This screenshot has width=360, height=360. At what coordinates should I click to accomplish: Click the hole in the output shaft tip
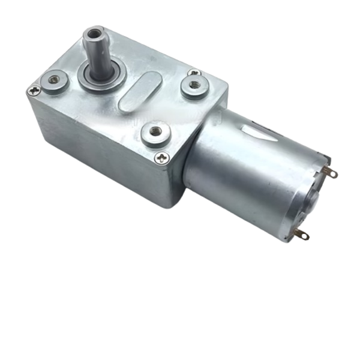pyautogui.click(x=93, y=31)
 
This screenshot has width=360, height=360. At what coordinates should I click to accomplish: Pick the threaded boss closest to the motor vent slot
pyautogui.click(x=193, y=85)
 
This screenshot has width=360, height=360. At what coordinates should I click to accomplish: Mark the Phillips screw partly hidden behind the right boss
pyautogui.click(x=195, y=73)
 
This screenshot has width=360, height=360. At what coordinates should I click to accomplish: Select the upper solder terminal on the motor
pyautogui.click(x=329, y=173)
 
